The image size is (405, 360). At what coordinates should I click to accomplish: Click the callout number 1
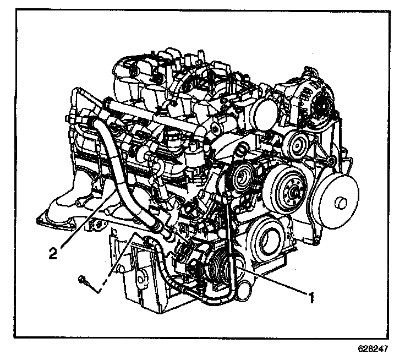(311, 297)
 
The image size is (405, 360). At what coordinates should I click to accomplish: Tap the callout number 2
(53, 253)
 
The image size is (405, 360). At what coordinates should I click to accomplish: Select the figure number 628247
(373, 348)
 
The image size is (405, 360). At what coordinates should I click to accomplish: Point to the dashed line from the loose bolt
(116, 263)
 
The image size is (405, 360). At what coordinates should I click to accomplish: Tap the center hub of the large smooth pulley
(340, 203)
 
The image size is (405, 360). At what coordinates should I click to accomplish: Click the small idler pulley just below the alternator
(297, 145)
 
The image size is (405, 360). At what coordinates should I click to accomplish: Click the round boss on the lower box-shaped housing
(140, 280)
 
